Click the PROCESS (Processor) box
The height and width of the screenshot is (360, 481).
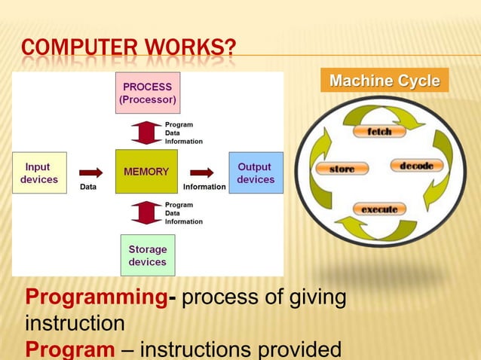pyautogui.click(x=148, y=93)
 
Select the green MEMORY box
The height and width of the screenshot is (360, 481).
pyautogui.click(x=146, y=172)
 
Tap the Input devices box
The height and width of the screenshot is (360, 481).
pyautogui.click(x=39, y=172)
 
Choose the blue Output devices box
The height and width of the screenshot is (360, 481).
pyautogui.click(x=256, y=172)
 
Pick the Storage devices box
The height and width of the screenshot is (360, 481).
pyautogui.click(x=148, y=255)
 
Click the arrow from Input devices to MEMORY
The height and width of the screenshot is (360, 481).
pyautogui.click(x=90, y=172)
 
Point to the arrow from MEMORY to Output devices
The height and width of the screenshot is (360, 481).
pyautogui.click(x=201, y=172)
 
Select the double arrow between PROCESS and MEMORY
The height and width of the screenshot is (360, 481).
pyautogui.click(x=146, y=132)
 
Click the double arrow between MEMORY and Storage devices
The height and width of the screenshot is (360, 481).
pyautogui.click(x=146, y=212)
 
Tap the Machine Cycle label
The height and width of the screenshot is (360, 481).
pyautogui.click(x=384, y=81)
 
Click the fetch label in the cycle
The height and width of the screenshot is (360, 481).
pyautogui.click(x=379, y=131)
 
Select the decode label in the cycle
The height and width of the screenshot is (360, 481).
pyautogui.click(x=416, y=166)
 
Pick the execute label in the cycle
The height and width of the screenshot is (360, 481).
pyautogui.click(x=379, y=209)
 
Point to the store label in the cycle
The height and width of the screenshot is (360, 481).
pyautogui.click(x=342, y=169)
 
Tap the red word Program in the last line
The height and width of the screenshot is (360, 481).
pyautogui.click(x=70, y=350)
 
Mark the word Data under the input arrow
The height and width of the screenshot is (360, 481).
pyautogui.click(x=88, y=187)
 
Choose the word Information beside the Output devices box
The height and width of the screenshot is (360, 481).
pyautogui.click(x=204, y=187)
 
